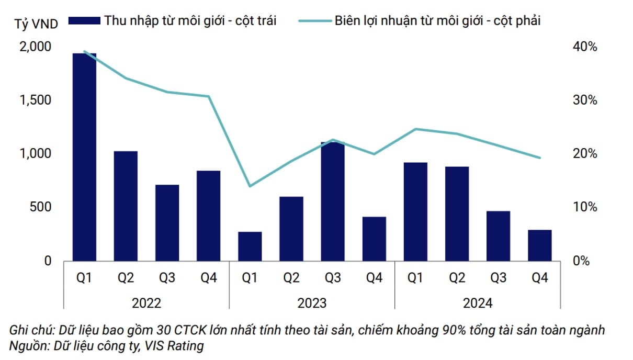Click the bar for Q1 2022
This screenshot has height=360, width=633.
84,157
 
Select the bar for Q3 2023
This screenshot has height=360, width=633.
333,201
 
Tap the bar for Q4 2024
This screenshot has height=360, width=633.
539,245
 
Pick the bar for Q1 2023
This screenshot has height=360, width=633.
250,246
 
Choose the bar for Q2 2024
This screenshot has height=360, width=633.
457,213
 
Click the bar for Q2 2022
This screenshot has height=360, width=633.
126,206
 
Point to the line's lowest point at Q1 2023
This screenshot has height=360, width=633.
250,186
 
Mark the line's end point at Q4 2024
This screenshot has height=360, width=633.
539,157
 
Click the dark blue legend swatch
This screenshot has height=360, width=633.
84,21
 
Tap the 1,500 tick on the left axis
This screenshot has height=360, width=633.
36,100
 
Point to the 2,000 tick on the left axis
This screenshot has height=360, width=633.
36,47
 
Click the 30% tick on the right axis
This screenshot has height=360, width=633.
584,100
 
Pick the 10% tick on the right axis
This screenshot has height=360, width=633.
584,207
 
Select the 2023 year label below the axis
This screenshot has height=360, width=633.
312,303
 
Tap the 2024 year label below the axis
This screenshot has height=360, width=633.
478,303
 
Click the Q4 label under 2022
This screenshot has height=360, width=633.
209,278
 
